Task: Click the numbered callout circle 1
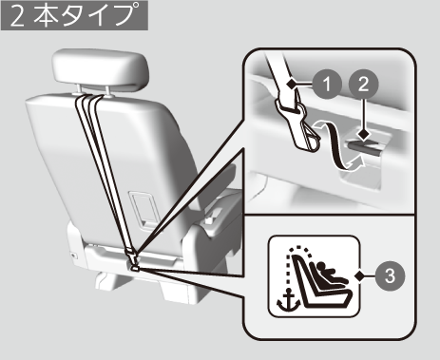327,85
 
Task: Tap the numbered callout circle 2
364,85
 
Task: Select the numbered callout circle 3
390,275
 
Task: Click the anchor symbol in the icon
289,299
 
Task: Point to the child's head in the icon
322,266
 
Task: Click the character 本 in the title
47,15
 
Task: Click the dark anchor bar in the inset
364,148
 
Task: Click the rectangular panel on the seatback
144,209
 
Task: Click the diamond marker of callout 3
360,275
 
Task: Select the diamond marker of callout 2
364,135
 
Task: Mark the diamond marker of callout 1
291,84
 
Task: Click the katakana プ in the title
126,14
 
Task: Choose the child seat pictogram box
315,276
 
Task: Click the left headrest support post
79,89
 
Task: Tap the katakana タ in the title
73,15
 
